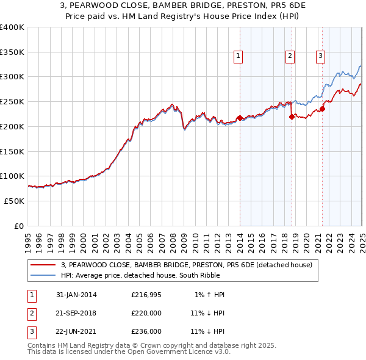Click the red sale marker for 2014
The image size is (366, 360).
click(x=240, y=117)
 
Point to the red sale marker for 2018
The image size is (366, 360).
click(x=292, y=116)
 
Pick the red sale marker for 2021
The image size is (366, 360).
click(x=323, y=109)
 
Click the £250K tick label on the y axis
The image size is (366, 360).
click(x=12, y=101)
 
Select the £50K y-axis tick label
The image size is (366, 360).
click(x=15, y=201)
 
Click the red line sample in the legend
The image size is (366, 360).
click(x=43, y=265)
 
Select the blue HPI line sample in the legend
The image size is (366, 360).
click(x=43, y=275)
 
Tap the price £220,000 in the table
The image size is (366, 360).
click(x=146, y=313)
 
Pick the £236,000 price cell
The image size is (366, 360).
click(x=146, y=331)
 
